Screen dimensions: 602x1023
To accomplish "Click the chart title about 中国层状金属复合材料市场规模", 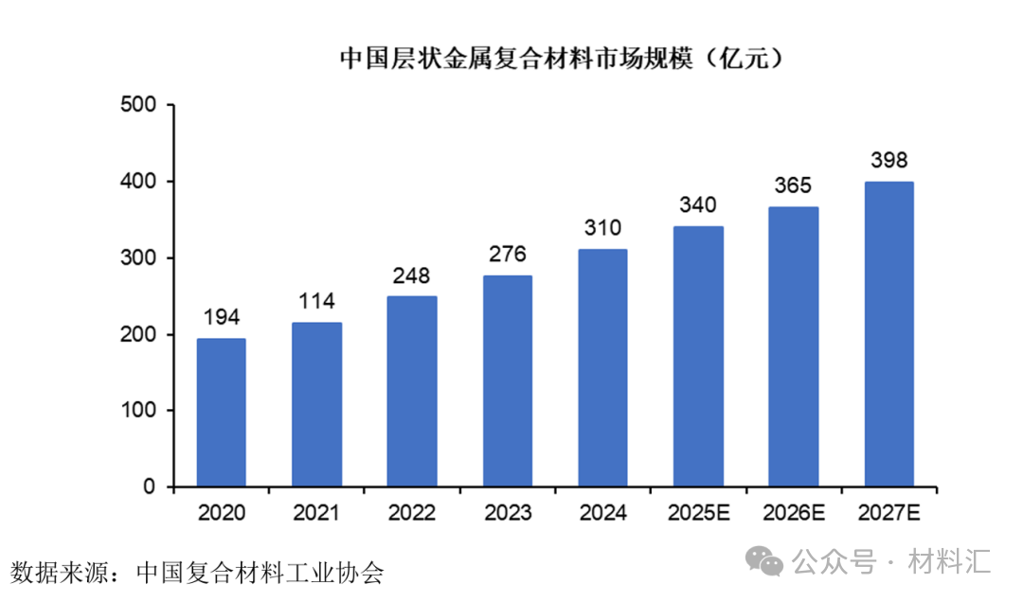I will tap(563, 59).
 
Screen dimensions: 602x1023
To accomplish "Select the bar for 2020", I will tap(221, 413).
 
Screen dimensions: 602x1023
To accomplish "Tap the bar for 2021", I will tap(316, 405).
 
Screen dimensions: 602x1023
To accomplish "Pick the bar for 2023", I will tap(507, 381).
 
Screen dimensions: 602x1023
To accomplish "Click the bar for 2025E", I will tap(698, 357).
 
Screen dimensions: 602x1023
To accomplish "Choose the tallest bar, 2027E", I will tap(888, 335).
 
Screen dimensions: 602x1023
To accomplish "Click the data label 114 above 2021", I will tap(316, 302).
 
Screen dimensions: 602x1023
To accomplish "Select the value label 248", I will tap(411, 276).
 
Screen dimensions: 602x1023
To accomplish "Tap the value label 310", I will tap(602, 228).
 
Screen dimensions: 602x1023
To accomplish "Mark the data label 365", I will tap(793, 186).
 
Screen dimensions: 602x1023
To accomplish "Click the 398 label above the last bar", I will tap(888, 161).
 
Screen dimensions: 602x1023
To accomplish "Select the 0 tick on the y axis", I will tap(149, 487).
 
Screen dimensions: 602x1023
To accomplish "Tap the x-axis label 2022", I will tap(411, 514).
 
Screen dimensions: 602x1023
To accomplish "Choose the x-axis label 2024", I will tap(602, 514).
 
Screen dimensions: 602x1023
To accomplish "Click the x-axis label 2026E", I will tap(793, 514).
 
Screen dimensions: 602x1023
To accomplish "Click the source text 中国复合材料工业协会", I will tap(260, 573).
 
